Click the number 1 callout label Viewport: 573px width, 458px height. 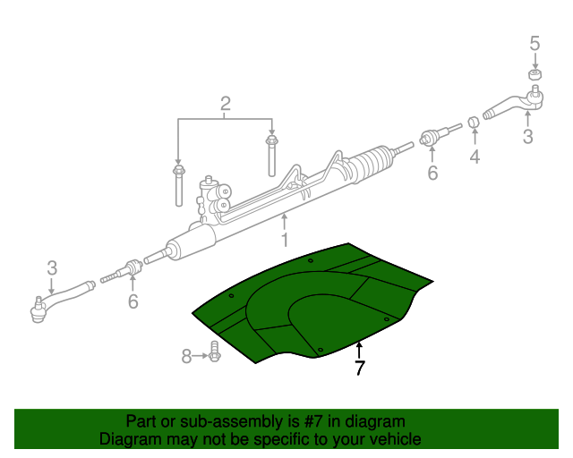point(285,240)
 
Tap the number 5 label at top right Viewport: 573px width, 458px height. point(535,43)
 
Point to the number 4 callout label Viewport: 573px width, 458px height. point(475,157)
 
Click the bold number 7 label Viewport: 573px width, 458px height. point(359,368)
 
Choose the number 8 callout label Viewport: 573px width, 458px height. point(186,357)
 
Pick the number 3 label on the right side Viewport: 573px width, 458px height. point(527,136)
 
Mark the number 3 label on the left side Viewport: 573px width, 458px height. point(52,267)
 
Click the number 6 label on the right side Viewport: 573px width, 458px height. point(432,173)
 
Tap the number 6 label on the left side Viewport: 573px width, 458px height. point(133,301)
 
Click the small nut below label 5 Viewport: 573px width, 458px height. point(535,73)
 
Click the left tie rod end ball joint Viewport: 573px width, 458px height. point(38,310)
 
